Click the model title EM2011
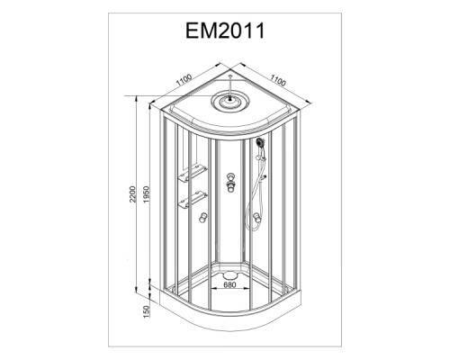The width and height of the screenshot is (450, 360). [x=225, y=31]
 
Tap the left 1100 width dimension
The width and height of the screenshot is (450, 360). [x=184, y=80]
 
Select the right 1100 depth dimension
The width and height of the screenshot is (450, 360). [x=278, y=80]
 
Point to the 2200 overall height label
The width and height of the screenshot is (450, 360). [x=133, y=194]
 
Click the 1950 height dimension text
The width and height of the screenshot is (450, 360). [x=146, y=194]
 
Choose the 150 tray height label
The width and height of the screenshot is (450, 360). [x=146, y=312]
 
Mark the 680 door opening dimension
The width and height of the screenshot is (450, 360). [x=229, y=284]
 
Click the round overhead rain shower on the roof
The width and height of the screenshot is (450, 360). [x=230, y=102]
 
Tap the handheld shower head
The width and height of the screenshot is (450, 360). [x=260, y=142]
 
